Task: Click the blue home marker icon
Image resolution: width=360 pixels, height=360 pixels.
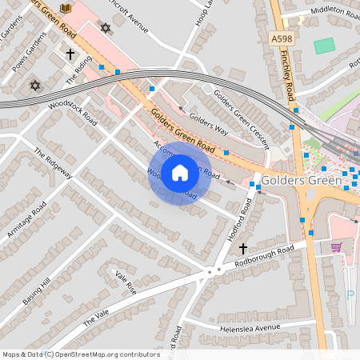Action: tap(180, 172)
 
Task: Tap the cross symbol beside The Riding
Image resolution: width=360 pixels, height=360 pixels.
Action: tap(70, 54)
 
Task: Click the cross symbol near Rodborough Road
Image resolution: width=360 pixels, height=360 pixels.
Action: tap(243, 249)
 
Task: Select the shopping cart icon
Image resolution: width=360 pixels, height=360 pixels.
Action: tap(336, 246)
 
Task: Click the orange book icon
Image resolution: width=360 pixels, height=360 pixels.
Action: tap(66, 7)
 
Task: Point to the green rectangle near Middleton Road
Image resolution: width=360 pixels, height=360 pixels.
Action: tap(324, 46)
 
